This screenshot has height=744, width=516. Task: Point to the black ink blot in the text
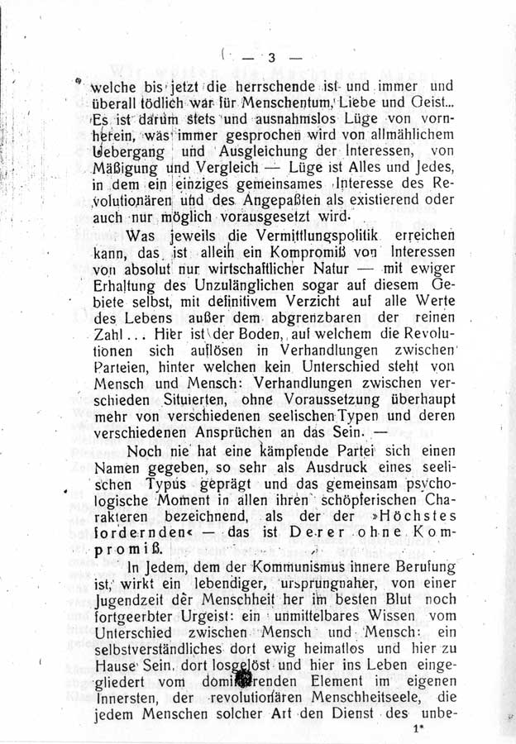[246, 679]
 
